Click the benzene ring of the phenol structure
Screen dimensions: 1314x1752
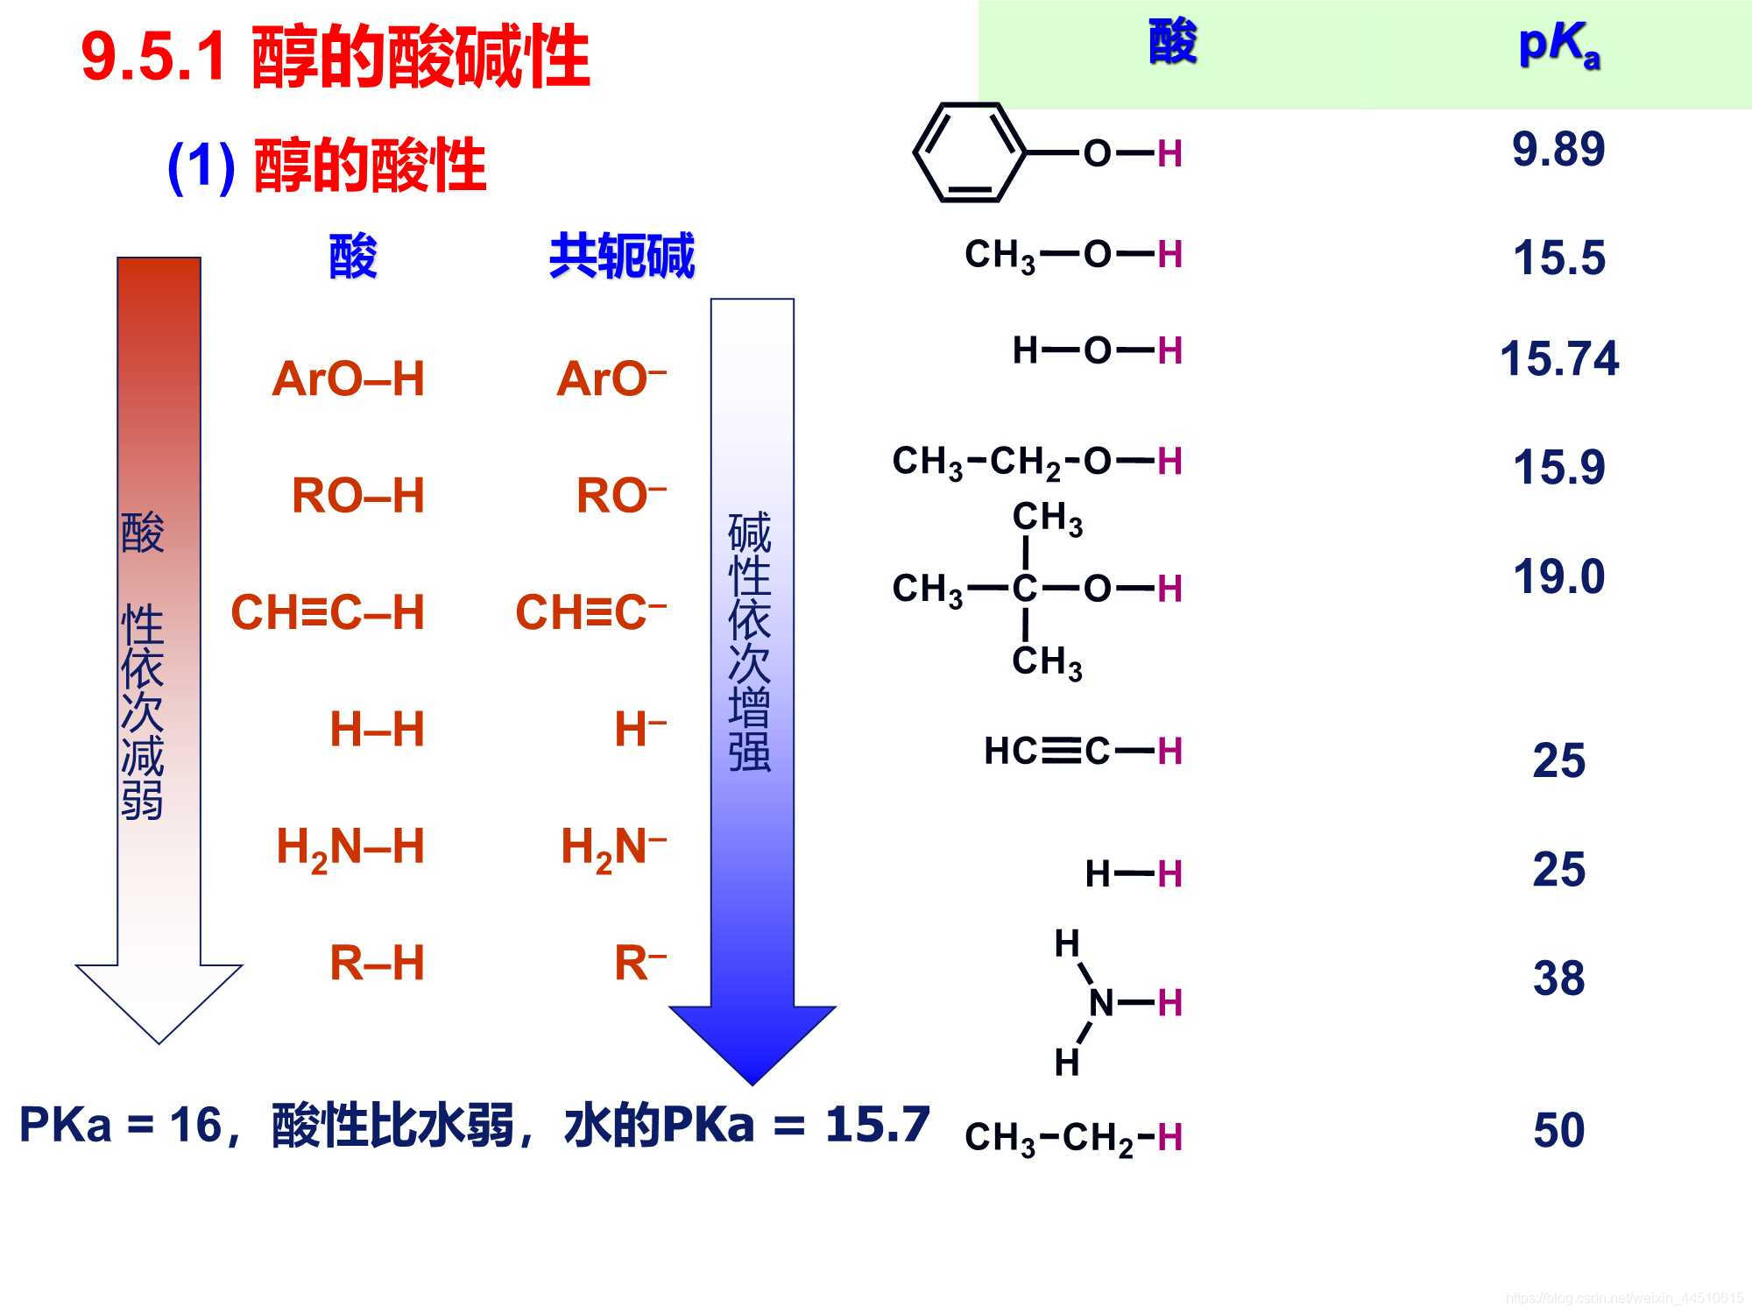969,152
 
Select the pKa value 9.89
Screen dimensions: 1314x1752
1558,149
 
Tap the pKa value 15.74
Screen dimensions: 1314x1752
1559,359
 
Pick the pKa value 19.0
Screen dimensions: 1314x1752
1558,576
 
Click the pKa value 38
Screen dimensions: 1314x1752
1558,978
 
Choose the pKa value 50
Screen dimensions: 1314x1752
1558,1130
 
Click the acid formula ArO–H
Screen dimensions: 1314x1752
348,379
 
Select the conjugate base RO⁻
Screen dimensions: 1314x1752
620,496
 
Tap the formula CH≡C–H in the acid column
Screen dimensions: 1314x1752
328,612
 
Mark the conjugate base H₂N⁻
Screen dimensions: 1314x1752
613,847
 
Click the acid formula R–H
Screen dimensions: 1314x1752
377,963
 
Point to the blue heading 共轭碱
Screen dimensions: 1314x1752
621,256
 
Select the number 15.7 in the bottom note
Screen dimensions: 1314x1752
877,1124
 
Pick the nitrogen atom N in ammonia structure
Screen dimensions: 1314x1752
1101,1002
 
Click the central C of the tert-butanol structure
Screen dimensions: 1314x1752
1024,589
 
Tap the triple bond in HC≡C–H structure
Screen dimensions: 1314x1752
1061,751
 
